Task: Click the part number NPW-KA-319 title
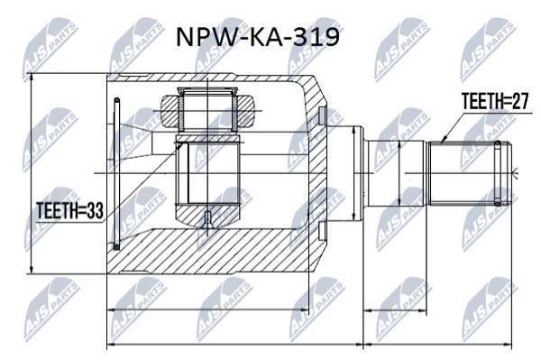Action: (258, 37)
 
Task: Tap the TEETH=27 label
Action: (495, 101)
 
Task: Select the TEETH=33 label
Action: (70, 210)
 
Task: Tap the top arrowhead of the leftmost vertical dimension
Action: (32, 78)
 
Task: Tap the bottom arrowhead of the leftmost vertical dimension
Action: (32, 270)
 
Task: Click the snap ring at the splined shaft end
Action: (497, 173)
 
